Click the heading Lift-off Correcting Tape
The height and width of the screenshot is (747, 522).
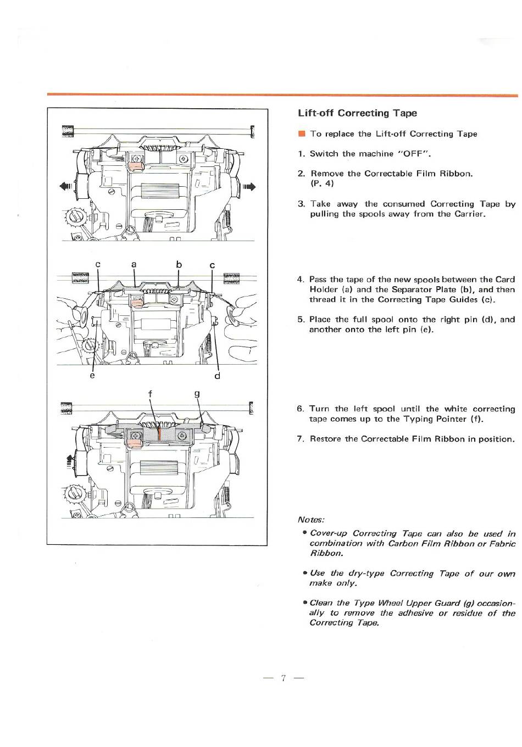tap(357, 113)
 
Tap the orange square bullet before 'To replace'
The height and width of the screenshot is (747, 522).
tap(301, 133)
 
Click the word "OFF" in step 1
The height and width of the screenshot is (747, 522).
tap(412, 154)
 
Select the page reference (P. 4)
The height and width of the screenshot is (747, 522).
tap(322, 183)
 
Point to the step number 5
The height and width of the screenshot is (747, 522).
tap(301, 320)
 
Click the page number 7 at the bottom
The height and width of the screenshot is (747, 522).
tap(283, 677)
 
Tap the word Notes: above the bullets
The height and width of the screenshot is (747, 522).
tap(311, 520)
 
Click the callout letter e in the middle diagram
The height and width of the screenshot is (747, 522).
tap(92, 376)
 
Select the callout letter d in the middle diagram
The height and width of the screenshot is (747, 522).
tap(218, 376)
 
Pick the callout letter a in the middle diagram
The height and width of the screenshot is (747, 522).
tap(134, 264)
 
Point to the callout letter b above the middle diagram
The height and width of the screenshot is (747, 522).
tap(179, 264)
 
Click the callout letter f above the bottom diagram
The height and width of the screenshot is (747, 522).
tap(150, 394)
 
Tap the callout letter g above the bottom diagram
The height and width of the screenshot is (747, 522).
tap(197, 394)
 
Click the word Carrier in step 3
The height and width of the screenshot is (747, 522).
tap(469, 214)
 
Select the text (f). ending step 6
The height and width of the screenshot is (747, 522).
tap(476, 419)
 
